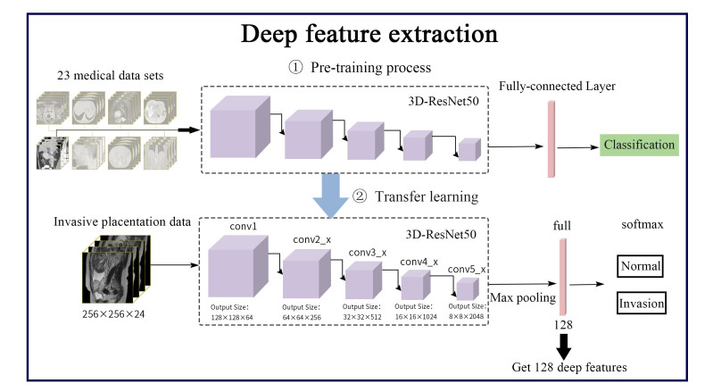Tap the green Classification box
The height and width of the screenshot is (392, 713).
(640, 145)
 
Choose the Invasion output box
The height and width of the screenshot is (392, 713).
(642, 304)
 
